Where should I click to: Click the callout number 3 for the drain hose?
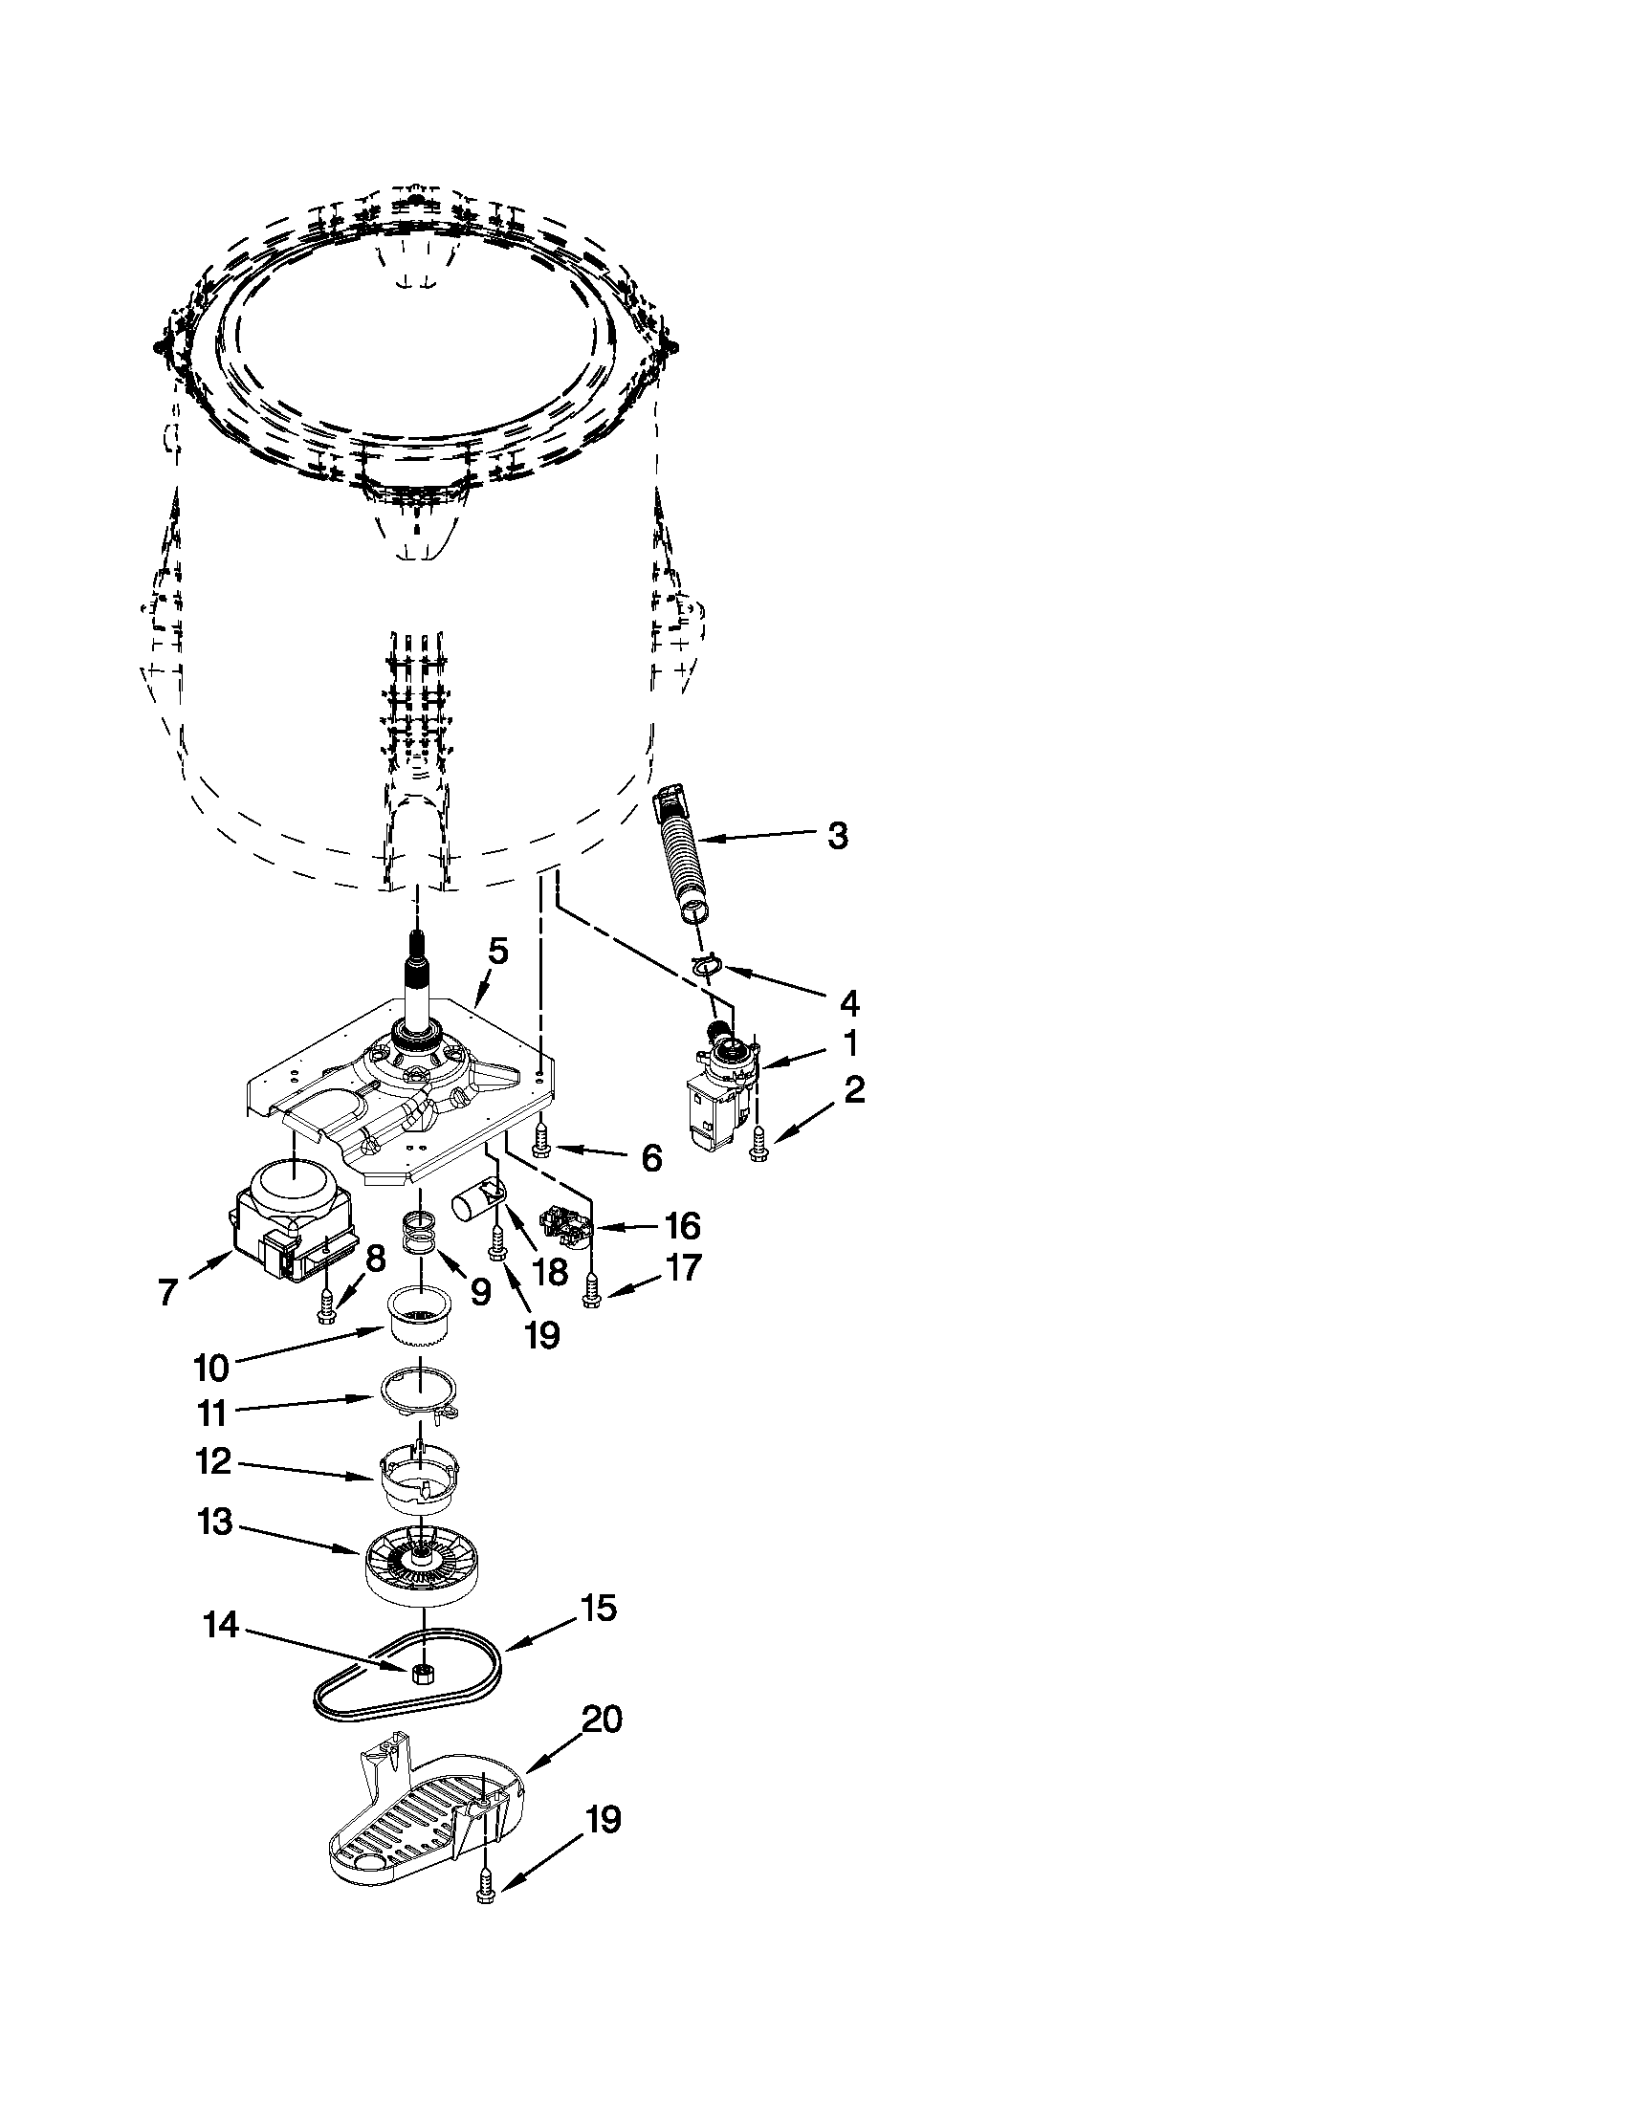coord(837,835)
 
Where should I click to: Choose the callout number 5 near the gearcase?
coord(497,951)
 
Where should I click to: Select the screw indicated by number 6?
coord(540,1141)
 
